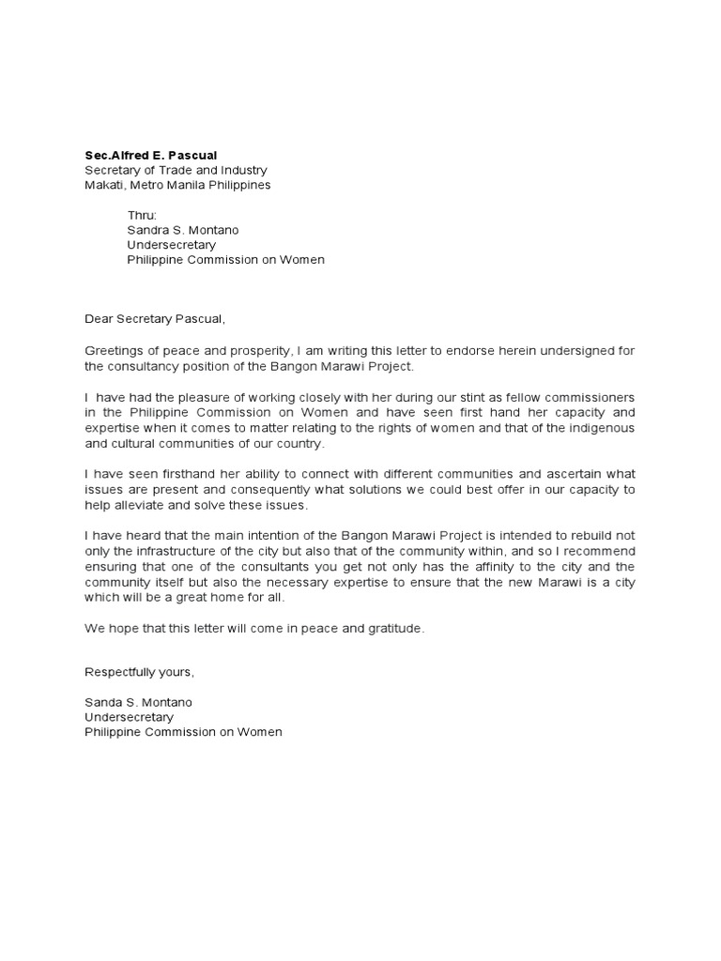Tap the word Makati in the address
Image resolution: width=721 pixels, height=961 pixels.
104,185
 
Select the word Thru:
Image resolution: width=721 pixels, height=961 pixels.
143,215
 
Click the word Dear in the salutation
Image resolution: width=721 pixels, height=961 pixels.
99,319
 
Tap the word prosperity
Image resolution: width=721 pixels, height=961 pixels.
253,350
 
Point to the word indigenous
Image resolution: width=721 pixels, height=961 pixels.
598,427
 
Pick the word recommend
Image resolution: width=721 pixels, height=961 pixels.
598,551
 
